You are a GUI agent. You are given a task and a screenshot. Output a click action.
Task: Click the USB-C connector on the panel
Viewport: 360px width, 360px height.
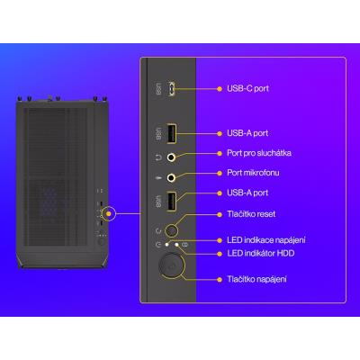pyautogui.click(x=171, y=89)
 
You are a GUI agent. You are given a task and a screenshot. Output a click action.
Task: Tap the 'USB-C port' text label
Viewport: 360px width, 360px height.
pyautogui.click(x=247, y=88)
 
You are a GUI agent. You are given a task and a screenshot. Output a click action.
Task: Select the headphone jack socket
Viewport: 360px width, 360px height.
pyautogui.click(x=171, y=157)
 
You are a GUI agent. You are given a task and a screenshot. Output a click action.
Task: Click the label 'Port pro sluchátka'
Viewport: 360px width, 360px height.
pyautogui.click(x=259, y=153)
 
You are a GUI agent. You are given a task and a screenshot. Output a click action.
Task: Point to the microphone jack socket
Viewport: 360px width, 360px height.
pyautogui.click(x=171, y=178)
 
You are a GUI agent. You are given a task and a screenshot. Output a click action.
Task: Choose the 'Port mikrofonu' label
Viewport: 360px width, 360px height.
pyautogui.click(x=253, y=173)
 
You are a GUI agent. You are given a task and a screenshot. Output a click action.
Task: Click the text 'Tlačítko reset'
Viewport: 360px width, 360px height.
pyautogui.click(x=251, y=214)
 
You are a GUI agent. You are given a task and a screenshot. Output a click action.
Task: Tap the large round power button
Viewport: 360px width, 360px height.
pyautogui.click(x=170, y=265)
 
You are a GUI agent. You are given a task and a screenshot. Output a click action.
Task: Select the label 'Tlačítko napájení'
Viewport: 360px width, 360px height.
pyautogui.click(x=256, y=279)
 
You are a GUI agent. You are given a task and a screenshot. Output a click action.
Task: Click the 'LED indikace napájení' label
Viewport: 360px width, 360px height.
pyautogui.click(x=266, y=240)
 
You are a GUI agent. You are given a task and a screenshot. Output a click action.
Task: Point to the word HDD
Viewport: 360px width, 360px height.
pyautogui.click(x=285, y=253)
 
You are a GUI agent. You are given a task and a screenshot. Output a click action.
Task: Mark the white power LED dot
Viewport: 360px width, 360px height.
pyautogui.click(x=166, y=245)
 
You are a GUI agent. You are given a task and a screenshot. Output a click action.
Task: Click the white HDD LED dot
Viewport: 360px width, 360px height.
pyautogui.click(x=176, y=245)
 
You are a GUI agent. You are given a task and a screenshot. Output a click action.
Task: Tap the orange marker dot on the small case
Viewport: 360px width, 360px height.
pyautogui.click(x=109, y=213)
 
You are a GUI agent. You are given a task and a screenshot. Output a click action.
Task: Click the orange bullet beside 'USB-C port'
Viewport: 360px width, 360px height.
pyautogui.click(x=220, y=89)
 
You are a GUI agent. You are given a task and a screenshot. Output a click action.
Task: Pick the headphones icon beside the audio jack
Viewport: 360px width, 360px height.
pyautogui.click(x=158, y=157)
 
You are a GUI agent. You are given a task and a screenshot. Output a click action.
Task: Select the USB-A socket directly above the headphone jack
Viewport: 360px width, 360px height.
pyautogui.click(x=171, y=133)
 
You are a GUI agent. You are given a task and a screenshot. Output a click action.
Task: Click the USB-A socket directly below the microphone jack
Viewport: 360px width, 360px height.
pyautogui.click(x=171, y=201)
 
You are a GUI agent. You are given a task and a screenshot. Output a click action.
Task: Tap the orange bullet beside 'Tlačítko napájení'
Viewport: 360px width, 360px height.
pyautogui.click(x=220, y=280)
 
